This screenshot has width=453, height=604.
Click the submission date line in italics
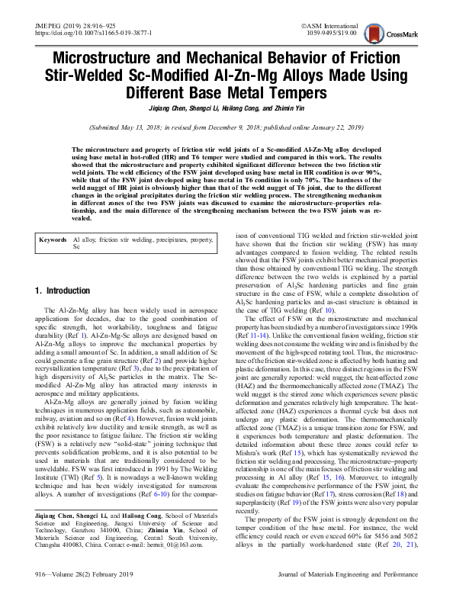coord(226,127)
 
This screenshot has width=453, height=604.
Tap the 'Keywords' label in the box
coord(53,239)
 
